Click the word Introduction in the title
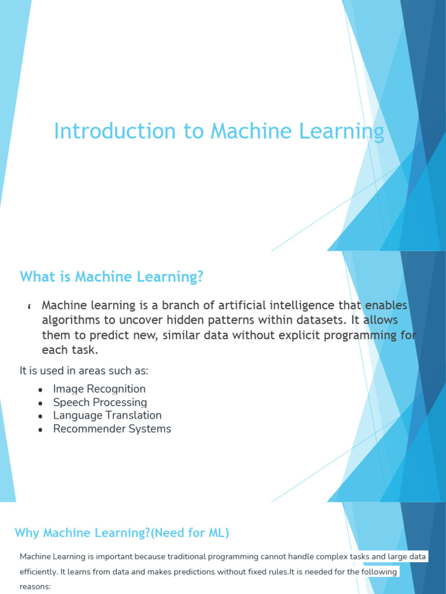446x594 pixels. [115, 131]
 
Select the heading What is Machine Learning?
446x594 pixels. [111, 277]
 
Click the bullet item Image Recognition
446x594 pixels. [99, 389]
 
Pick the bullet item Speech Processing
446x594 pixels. [100, 403]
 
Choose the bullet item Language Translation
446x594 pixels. [107, 415]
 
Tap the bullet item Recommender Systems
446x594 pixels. [112, 429]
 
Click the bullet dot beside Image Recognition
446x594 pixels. [41, 390]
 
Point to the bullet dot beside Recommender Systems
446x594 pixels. [41, 430]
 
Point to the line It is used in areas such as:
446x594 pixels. [84, 371]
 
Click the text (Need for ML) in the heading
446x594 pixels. [190, 533]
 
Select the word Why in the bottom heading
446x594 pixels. [27, 533]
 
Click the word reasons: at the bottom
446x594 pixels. [35, 587]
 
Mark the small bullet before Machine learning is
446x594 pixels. [30, 306]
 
